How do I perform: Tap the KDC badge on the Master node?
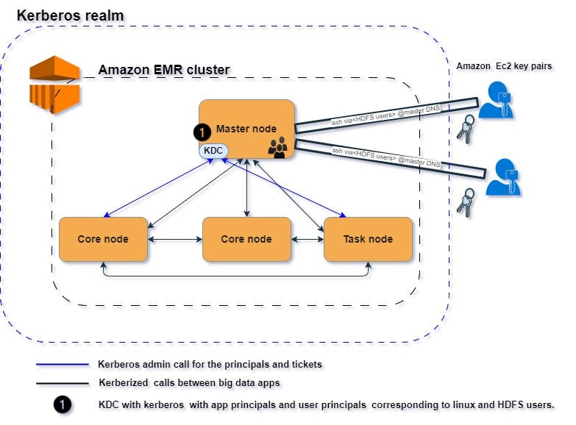pos(213,150)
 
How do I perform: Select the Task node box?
pos(368,239)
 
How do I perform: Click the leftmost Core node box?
pos(104,239)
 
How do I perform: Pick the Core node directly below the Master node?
pos(246,239)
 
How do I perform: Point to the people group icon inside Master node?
pos(277,147)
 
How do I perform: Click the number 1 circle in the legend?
pos(63,405)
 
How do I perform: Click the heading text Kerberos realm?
pos(70,15)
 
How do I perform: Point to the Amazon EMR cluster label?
pos(164,71)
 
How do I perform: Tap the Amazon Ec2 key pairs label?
pos(504,66)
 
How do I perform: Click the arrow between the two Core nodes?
pos(175,239)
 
